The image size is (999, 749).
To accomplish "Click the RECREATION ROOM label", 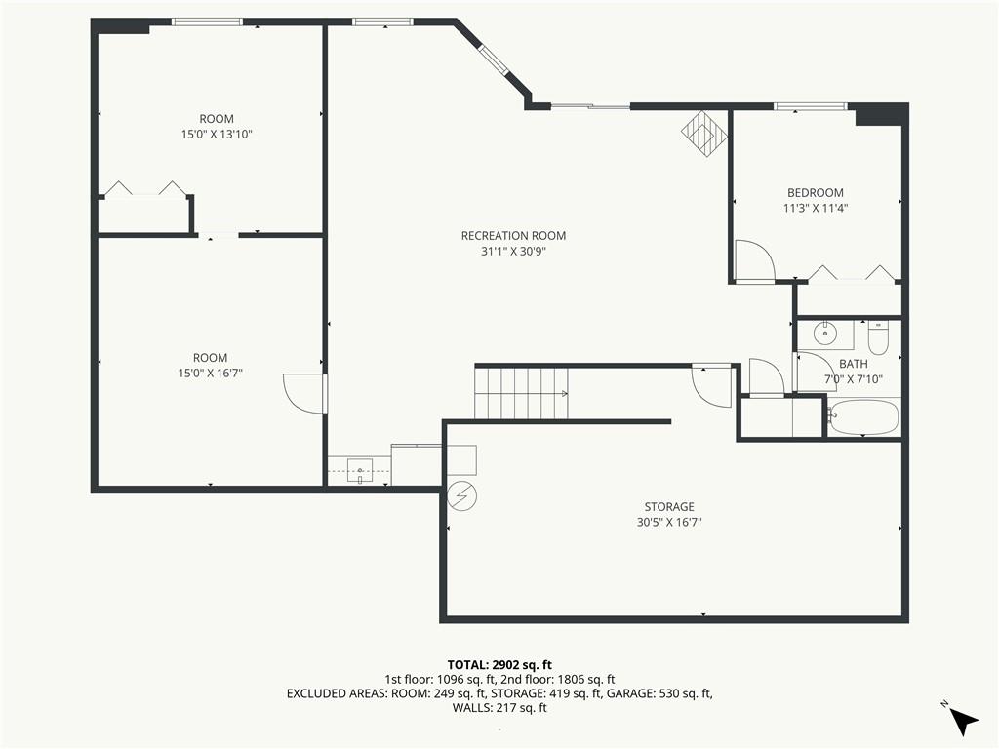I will coord(513,235).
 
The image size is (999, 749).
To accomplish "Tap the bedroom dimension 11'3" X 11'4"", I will coord(815,208).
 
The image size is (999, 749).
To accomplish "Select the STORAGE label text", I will coord(668,506).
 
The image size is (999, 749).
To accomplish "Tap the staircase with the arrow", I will coord(521,393).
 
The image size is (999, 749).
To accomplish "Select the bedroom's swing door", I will coord(753,261).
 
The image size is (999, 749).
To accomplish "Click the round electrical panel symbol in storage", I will coord(461,495).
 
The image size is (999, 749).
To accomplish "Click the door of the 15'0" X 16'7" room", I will coord(304,393).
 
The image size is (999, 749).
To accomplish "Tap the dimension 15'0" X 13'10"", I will coord(217,135).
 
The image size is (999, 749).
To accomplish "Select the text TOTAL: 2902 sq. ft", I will coord(499,665).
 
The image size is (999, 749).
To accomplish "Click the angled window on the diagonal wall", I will coord(494,60).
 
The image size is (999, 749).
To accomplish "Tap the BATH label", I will coord(853,364).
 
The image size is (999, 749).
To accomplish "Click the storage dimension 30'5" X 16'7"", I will coord(668,522).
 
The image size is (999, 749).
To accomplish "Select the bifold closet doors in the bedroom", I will coord(852,274).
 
